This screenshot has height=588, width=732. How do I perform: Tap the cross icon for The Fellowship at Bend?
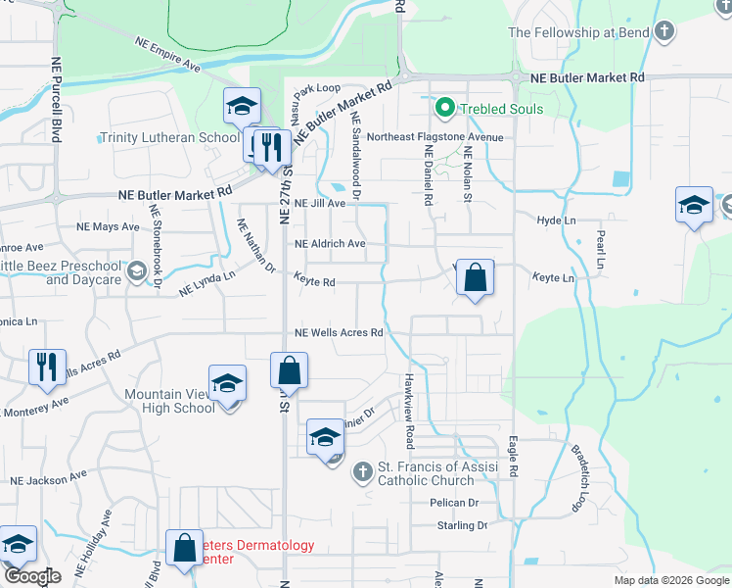pos(664,31)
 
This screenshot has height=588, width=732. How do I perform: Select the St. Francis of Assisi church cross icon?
pos(362,473)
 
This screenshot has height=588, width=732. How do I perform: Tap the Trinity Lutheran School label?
pos(169,138)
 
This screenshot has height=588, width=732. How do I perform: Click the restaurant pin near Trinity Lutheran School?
pos(273,148)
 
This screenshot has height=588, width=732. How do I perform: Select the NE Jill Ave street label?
pos(321,204)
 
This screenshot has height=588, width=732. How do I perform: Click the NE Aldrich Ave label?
pos(330,243)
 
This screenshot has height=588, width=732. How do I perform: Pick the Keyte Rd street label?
pos(315,282)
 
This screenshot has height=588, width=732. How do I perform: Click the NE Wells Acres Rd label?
pos(338,333)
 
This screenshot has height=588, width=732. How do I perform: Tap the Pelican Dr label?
pos(453,503)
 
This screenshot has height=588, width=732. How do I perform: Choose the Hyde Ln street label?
pos(557,220)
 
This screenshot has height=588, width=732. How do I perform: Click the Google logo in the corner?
pos(32,577)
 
